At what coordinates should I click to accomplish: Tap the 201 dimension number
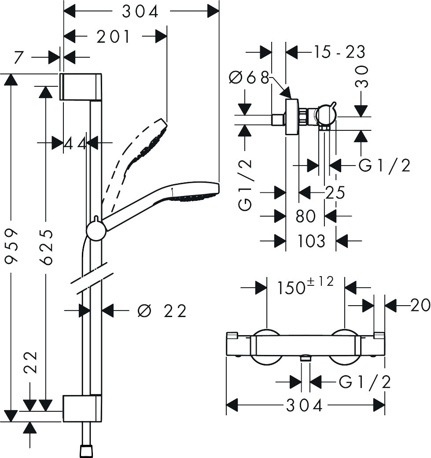point(114,37)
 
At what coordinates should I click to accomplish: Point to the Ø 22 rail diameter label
point(162,311)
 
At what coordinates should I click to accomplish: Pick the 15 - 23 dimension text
point(339,52)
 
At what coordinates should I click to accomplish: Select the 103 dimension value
point(311,241)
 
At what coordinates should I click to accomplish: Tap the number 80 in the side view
point(306,216)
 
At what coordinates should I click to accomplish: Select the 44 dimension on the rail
point(75,143)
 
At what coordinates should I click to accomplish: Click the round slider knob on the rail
point(96,230)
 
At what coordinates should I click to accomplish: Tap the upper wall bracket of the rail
point(81,86)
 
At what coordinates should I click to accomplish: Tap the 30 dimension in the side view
point(362,78)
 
